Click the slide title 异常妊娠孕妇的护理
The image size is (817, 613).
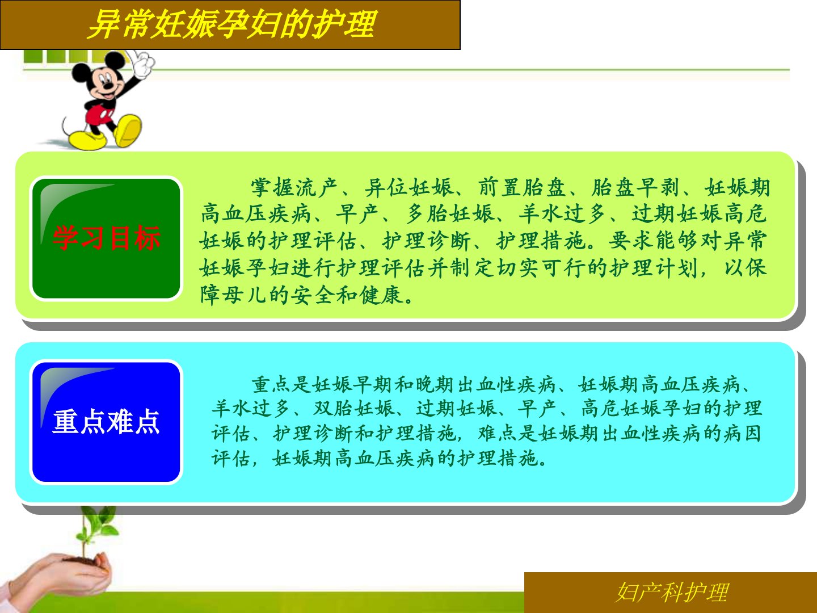232,24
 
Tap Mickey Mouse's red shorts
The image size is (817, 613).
98,114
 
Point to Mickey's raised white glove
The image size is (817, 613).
144,64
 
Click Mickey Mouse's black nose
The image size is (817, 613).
108,86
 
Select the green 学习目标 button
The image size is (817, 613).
106,238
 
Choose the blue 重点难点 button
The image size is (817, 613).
106,422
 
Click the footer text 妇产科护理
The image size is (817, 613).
672,593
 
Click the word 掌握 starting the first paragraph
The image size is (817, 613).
273,187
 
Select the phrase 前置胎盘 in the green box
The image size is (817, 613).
522,187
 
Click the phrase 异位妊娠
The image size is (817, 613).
408,187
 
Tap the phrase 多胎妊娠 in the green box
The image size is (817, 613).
450,213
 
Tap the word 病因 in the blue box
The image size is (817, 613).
742,434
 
